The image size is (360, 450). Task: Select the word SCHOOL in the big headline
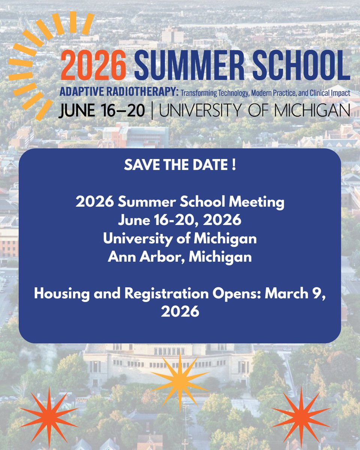[304, 65]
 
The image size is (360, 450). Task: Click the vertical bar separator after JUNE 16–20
[152, 111]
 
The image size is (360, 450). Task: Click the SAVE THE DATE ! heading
[180, 166]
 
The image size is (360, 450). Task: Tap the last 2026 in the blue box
[180, 312]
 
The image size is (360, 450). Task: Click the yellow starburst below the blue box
[180, 380]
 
